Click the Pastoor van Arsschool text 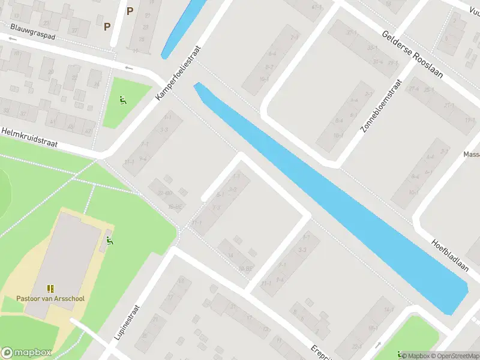click(50, 299)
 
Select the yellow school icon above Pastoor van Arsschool click(50, 289)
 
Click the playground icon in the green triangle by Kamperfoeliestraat click(123, 100)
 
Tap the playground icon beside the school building click(109, 241)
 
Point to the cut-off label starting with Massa click(471, 154)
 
